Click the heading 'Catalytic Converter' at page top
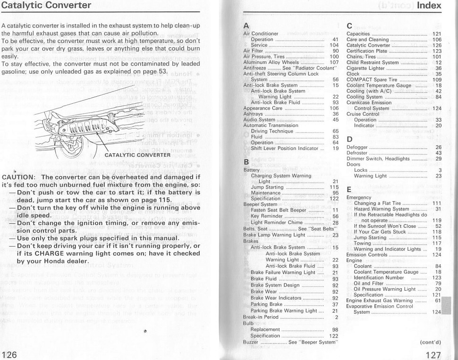[x=46, y=6]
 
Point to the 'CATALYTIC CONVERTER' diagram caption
[x=137, y=155]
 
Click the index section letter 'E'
[x=349, y=188]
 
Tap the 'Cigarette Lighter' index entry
[x=368, y=68]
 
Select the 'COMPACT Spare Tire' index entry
[x=373, y=80]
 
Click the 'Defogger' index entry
[x=357, y=147]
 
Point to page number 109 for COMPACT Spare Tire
[x=437, y=80]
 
